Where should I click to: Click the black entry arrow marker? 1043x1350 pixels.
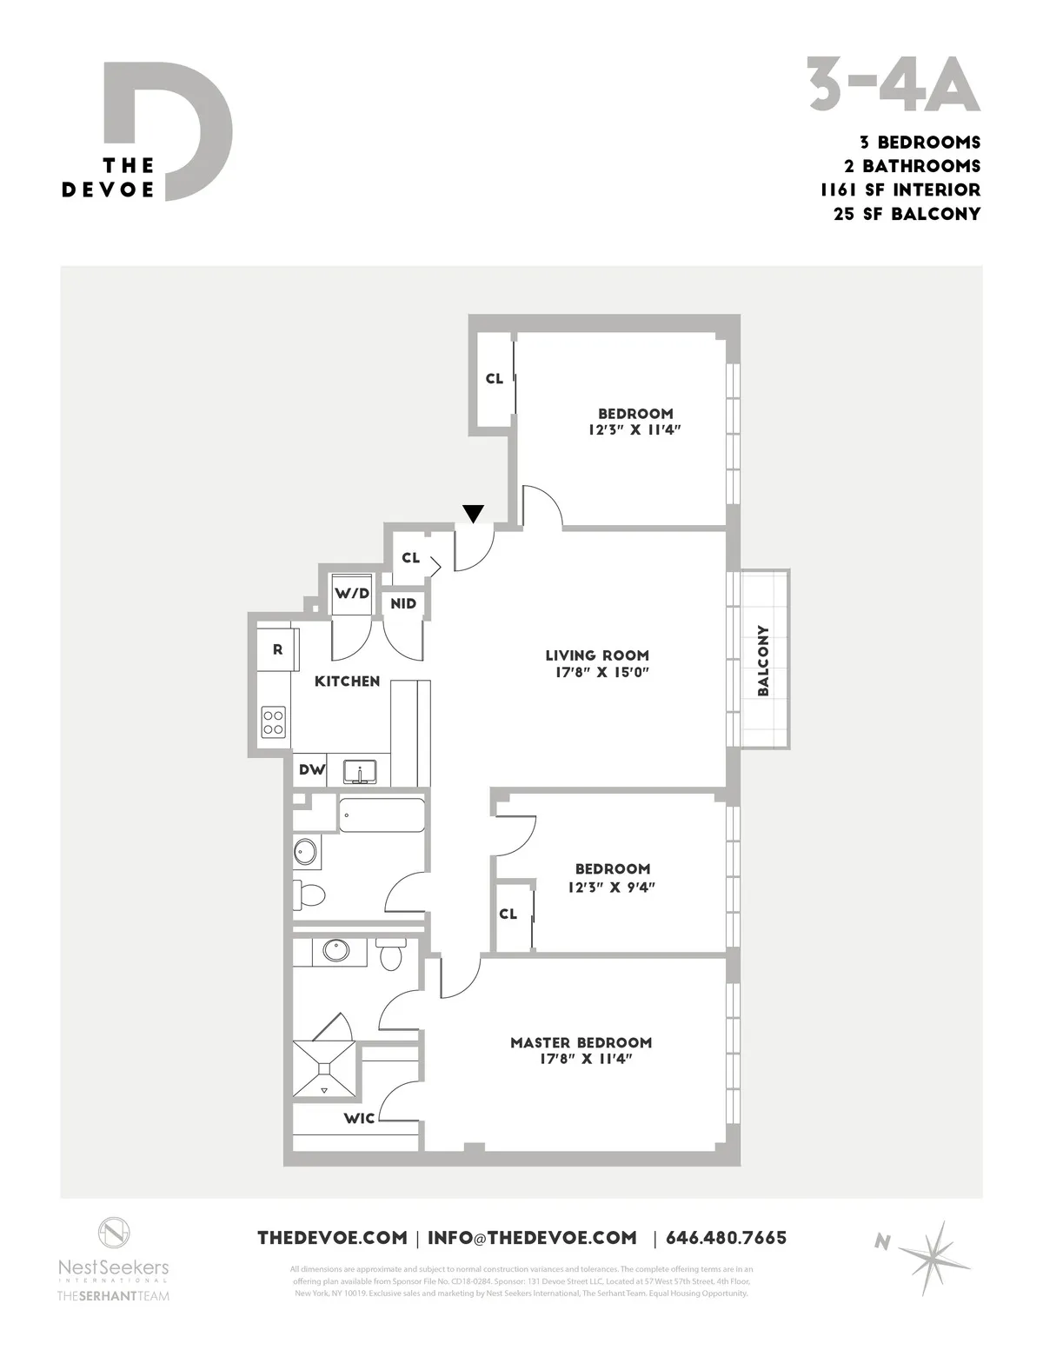[x=472, y=514]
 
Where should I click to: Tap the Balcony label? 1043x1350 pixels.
[x=764, y=661]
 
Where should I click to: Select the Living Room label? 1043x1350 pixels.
[x=597, y=655]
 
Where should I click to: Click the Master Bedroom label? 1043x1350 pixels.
[x=581, y=1042]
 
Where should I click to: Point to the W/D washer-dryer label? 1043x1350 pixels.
[x=352, y=594]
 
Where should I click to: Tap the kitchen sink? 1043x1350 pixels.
[x=357, y=771]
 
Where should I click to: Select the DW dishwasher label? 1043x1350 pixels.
[x=310, y=770]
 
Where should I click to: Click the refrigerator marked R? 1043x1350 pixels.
[x=278, y=649]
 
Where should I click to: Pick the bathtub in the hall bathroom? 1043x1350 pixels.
[x=382, y=815]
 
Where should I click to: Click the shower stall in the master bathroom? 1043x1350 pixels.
[x=324, y=1069]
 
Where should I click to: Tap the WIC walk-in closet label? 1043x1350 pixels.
[x=359, y=1118]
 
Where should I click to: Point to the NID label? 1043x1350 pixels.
[x=403, y=603]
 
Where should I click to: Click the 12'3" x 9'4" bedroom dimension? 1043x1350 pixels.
[x=612, y=888]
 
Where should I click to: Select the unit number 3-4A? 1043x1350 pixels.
[x=894, y=85]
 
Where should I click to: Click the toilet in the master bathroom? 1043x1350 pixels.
[x=390, y=954]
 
